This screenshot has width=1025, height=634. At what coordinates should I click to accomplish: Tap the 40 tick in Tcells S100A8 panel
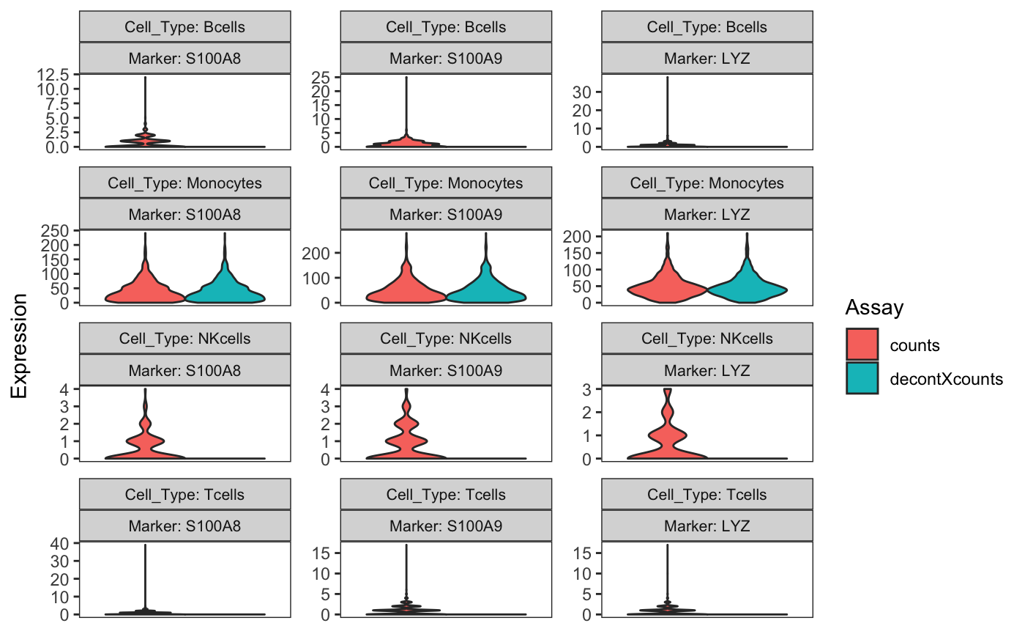click(60, 543)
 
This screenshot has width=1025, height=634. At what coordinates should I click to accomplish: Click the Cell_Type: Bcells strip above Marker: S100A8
click(185, 27)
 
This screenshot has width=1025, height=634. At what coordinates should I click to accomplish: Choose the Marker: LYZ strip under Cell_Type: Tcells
click(707, 526)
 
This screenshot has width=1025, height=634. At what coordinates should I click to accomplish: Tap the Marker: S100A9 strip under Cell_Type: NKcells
click(446, 370)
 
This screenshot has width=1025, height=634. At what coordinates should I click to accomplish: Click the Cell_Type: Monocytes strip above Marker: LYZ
click(707, 183)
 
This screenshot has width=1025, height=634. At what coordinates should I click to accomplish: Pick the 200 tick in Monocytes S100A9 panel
click(316, 253)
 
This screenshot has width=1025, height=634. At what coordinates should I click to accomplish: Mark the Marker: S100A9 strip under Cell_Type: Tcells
click(446, 526)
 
